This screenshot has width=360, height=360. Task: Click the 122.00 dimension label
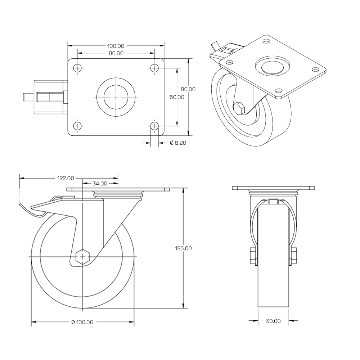point(66,178)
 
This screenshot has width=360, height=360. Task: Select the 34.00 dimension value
point(100,183)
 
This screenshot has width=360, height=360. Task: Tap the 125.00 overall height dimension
point(183,248)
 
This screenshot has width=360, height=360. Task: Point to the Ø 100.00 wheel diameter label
point(82,322)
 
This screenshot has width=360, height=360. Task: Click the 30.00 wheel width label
point(273,321)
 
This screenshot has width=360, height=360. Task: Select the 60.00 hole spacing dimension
point(177,97)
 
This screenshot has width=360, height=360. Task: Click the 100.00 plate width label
point(116,46)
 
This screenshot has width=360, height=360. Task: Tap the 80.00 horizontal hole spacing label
point(116,53)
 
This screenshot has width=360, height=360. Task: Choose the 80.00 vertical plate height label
point(188,89)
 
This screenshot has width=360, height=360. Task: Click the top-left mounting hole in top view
point(77,68)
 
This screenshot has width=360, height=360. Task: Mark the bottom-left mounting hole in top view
point(77,126)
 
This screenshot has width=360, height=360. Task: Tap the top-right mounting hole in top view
point(154,68)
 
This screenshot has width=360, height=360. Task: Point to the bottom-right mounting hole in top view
point(154,126)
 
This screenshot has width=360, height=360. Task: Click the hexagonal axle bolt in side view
point(83,257)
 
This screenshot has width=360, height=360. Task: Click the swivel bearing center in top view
point(116,97)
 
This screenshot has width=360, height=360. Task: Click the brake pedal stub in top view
point(28,97)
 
